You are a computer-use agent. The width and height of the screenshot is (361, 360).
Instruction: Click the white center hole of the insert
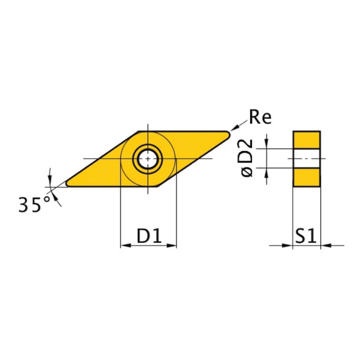[x=149, y=159]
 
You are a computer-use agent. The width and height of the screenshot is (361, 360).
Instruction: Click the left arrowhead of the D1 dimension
[x=124, y=246]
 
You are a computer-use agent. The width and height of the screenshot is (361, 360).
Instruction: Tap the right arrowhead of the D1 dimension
[x=172, y=246]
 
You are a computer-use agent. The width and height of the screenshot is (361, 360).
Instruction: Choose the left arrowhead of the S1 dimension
[x=288, y=246]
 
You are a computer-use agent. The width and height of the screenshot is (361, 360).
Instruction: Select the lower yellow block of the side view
[x=306, y=178]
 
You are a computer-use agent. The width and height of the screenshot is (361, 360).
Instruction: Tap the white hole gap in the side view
[x=306, y=159]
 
